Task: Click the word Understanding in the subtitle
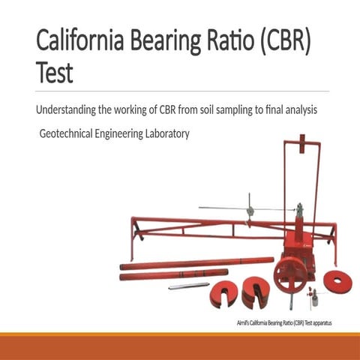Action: pyautogui.click(x=66, y=110)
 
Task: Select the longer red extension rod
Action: pyautogui.click(x=196, y=262)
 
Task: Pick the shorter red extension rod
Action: pyautogui.click(x=173, y=275)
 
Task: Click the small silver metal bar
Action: pyautogui.click(x=188, y=286)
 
